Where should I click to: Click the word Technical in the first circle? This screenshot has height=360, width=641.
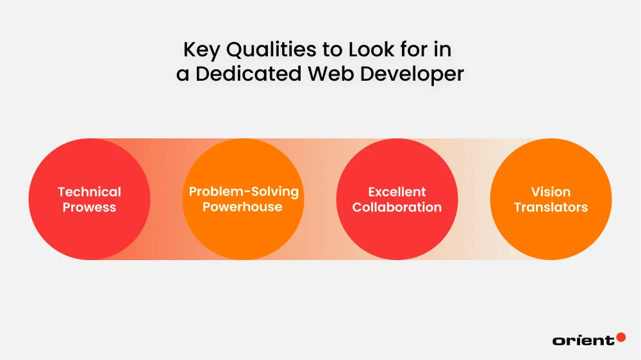pos(89,192)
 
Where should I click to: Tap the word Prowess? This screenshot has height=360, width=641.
pos(89,208)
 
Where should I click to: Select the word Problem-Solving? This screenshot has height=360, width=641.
pos(244,192)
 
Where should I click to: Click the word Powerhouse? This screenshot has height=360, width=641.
pos(244,208)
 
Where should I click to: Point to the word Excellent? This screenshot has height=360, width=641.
pos(397,192)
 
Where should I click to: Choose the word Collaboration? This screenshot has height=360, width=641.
pos(397,208)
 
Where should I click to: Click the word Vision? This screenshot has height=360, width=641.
pos(551,192)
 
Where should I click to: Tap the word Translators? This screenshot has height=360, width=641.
pos(551,208)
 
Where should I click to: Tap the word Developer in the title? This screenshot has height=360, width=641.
pos(411,73)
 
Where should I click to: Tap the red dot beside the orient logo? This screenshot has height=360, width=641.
pos(620,336)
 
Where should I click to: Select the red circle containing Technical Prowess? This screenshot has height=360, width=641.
pos(89,231)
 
